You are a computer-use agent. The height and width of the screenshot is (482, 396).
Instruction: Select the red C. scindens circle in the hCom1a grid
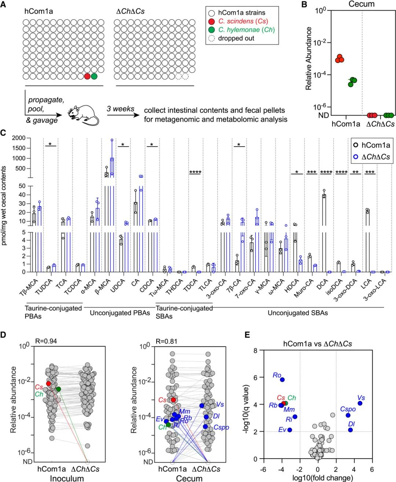[87, 76]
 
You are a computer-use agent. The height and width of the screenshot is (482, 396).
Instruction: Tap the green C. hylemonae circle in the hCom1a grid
[94, 76]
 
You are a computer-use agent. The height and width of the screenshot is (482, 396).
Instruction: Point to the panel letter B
[304, 5]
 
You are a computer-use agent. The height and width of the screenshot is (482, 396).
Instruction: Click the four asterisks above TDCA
[195, 172]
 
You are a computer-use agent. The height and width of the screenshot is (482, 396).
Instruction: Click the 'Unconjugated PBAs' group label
[120, 313]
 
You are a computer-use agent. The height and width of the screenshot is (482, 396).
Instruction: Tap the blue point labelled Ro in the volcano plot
[282, 380]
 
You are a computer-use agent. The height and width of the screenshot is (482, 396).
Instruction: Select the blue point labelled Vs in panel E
[360, 403]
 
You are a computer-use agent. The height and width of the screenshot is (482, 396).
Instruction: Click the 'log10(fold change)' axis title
[317, 478]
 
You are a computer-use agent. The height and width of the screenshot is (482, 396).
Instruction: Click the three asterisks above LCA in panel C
[370, 172]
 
